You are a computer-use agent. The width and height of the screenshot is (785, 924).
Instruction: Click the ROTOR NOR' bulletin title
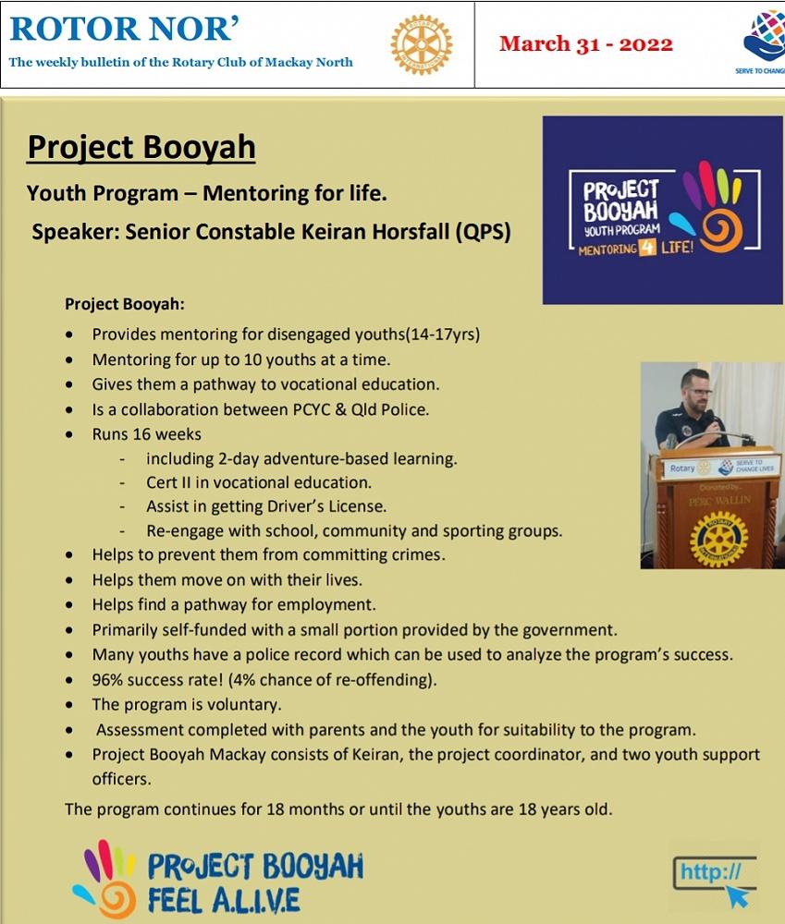tap(125, 30)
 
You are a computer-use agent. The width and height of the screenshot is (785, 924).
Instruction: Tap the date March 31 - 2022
tap(585, 43)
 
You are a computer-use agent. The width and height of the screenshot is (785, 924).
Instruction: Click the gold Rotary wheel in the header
tap(421, 44)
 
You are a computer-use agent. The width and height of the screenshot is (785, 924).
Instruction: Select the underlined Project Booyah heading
tap(141, 147)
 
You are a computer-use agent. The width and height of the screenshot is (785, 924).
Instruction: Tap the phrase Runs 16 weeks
tap(146, 433)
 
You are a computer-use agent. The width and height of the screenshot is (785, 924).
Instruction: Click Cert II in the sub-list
tap(171, 482)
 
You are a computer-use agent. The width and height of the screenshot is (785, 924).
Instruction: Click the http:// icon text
tap(710, 871)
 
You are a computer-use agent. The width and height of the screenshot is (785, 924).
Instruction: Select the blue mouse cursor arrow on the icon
tap(737, 895)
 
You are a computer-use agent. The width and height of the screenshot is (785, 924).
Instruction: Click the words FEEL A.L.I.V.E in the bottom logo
tap(223, 899)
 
